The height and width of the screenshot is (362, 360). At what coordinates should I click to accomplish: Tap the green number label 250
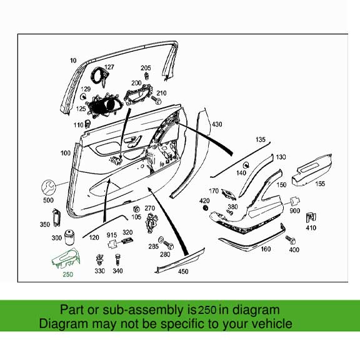68,274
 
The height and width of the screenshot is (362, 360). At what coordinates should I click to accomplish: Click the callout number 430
216,125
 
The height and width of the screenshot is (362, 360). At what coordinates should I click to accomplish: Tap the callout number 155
319,184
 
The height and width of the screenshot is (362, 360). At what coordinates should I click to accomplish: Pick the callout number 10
73,61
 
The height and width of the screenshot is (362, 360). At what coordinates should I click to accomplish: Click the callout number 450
182,272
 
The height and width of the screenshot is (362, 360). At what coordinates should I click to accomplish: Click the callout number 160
266,250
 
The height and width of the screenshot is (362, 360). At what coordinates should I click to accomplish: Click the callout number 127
109,67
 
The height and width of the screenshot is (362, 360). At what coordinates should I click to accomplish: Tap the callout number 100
65,153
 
